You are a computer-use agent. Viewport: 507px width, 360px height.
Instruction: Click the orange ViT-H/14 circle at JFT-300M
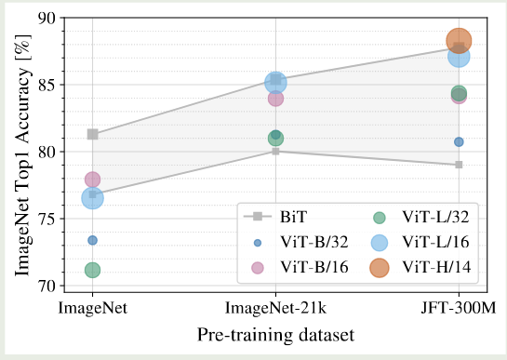point(460,40)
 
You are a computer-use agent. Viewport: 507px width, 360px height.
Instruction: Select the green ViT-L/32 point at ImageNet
point(92,270)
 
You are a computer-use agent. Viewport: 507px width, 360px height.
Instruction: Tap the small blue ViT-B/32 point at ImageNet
point(92,240)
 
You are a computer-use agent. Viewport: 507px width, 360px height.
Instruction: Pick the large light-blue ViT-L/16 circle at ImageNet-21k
point(275,83)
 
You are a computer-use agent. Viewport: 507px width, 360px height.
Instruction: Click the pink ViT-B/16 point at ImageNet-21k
point(275,98)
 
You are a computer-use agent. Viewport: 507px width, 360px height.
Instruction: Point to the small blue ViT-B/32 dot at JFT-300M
point(459,141)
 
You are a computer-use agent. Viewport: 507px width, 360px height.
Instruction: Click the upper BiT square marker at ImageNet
point(92,134)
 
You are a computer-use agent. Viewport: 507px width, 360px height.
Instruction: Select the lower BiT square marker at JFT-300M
point(459,165)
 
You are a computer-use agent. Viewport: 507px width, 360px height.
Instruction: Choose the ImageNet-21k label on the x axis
point(275,306)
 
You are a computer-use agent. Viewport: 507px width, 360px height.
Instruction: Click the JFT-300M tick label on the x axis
point(459,306)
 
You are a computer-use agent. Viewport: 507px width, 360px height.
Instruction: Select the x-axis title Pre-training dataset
point(275,333)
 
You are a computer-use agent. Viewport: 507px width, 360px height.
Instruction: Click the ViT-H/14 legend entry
point(434,267)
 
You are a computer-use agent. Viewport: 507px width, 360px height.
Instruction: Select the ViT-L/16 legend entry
point(434,242)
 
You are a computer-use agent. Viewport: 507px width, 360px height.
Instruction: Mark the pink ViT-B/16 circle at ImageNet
point(92,180)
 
